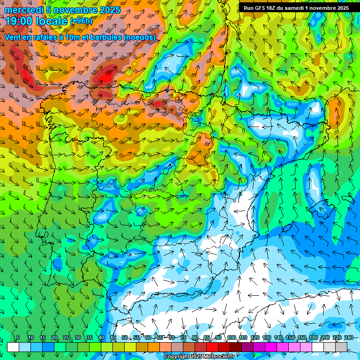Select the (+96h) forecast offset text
(82, 21)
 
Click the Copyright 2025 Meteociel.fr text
(199, 357)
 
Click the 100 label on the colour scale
(232, 338)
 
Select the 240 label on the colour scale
(348, 338)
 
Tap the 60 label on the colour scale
(148, 338)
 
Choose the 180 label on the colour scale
(313, 338)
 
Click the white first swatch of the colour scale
(13, 347)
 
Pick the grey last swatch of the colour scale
(341, 347)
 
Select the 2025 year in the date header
(110, 10)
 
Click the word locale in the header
(52, 21)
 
